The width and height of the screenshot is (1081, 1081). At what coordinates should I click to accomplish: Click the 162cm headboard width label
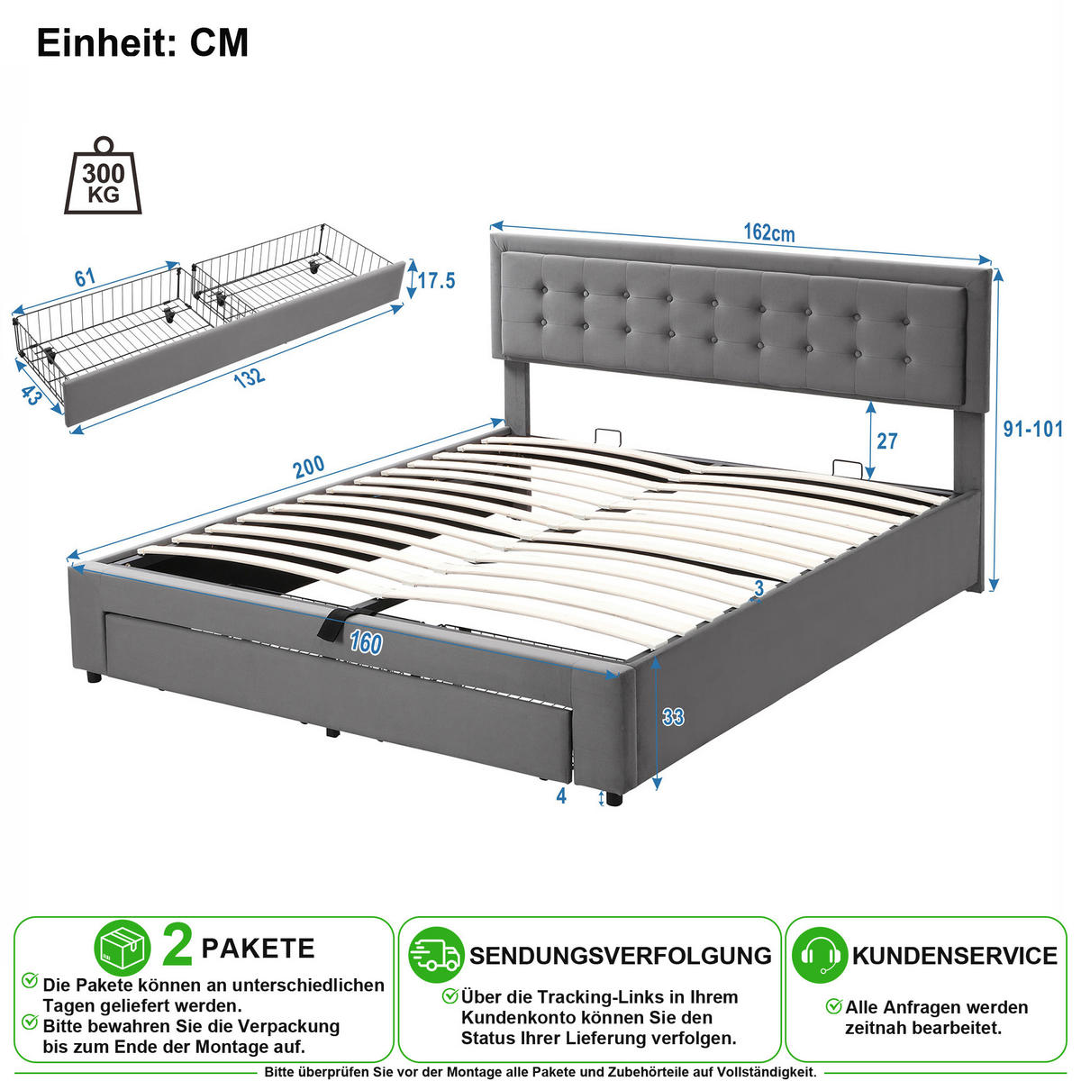(769, 232)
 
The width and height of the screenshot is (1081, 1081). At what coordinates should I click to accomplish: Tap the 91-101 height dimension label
(1032, 429)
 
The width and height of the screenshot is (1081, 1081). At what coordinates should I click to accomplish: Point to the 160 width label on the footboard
(366, 643)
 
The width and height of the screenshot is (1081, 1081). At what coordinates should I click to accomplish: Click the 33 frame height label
(673, 717)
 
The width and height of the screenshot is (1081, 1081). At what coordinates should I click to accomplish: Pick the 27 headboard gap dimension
(886, 441)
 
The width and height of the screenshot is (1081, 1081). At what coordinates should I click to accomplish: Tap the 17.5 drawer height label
(436, 280)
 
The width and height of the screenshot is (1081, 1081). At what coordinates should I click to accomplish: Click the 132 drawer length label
(249, 378)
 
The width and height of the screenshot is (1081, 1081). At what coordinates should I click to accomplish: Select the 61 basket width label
(85, 277)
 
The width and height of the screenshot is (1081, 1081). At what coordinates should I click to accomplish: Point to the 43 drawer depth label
(32, 395)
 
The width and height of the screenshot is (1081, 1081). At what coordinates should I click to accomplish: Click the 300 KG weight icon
(104, 176)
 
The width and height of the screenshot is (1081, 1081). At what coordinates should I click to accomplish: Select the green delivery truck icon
(436, 956)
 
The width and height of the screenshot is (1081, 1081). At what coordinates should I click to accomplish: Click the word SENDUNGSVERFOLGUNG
(621, 956)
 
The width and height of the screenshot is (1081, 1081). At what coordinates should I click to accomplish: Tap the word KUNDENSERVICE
(955, 956)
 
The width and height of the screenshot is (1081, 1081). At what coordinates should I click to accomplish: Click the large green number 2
(177, 947)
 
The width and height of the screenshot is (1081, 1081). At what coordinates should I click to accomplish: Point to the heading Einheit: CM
(142, 42)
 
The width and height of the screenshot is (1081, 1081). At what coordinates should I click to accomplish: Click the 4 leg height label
(561, 795)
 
